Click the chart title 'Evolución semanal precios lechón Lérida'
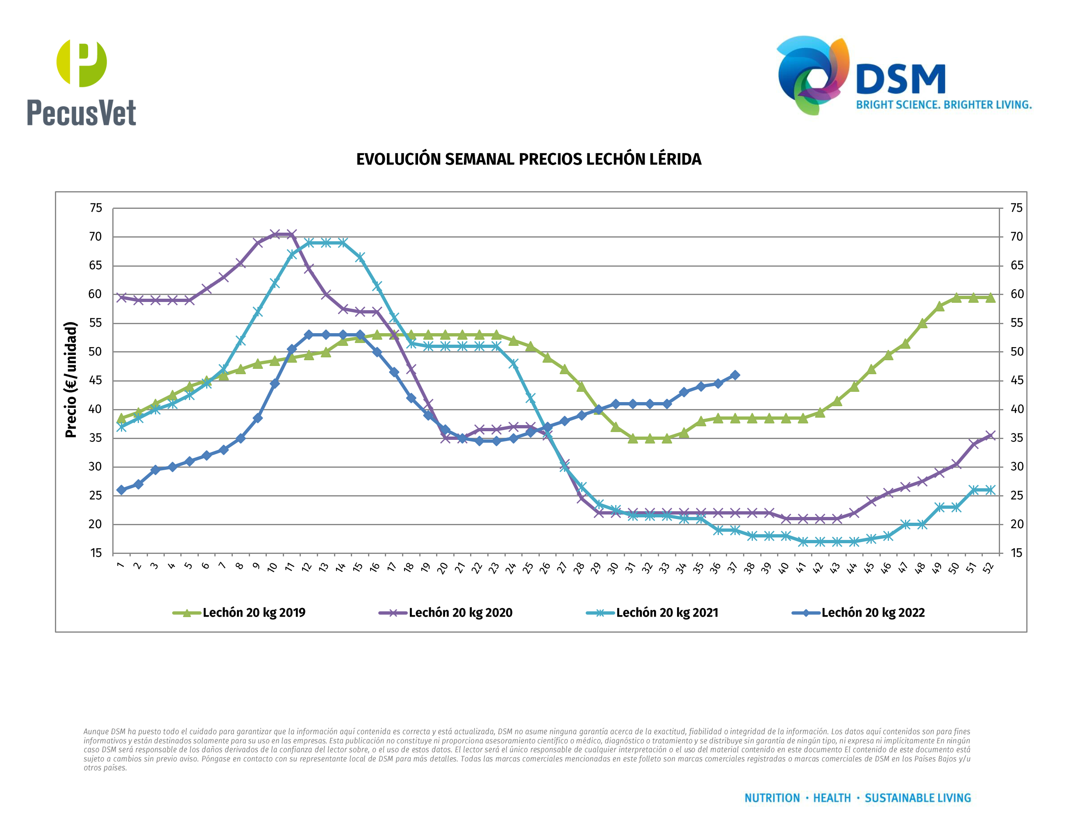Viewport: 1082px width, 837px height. pyautogui.click(x=529, y=159)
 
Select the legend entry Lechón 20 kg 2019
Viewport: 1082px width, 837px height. pyautogui.click(x=253, y=613)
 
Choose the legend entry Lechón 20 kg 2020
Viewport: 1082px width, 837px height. pyautogui.click(x=460, y=613)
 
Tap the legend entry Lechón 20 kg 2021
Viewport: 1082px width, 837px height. pyautogui.click(x=666, y=613)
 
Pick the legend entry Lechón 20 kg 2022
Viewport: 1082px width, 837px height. pyautogui.click(x=873, y=613)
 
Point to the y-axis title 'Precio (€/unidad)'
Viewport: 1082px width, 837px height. pyautogui.click(x=71, y=380)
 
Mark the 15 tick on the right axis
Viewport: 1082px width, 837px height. pyautogui.click(x=1016, y=553)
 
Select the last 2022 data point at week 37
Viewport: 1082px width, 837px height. pyautogui.click(x=735, y=375)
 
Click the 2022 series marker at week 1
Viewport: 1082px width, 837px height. pyautogui.click(x=121, y=490)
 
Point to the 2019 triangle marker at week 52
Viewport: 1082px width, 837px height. pyautogui.click(x=990, y=297)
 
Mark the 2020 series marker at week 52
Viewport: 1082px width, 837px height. pyautogui.click(x=990, y=436)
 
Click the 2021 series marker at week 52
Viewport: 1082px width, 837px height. pyautogui.click(x=990, y=490)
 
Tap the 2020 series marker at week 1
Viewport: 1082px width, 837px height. pyautogui.click(x=121, y=297)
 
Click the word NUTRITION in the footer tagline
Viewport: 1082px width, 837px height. pyautogui.click(x=772, y=798)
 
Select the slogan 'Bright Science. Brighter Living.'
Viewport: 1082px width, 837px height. pyautogui.click(x=943, y=105)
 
